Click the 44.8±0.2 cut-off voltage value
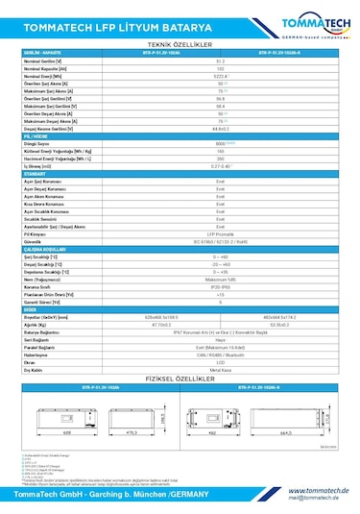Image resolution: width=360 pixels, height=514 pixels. point(221,127)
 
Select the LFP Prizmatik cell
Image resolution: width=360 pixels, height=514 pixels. point(221,233)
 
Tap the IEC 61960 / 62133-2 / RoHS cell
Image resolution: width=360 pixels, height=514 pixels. point(221,241)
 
